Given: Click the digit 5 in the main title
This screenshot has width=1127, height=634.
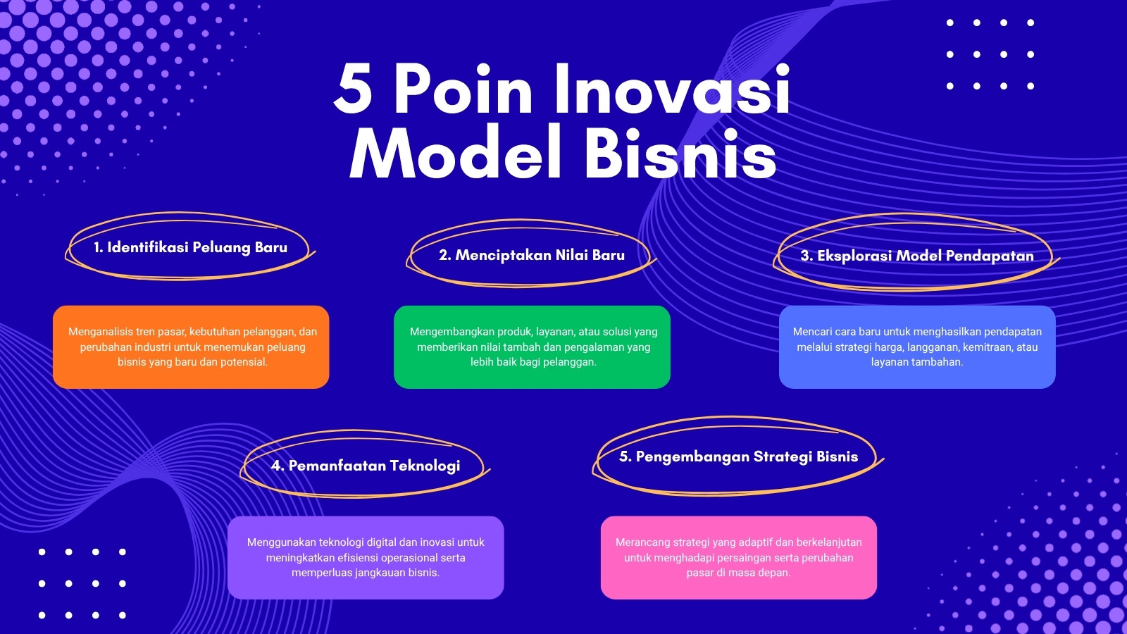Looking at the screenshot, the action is point(353,89).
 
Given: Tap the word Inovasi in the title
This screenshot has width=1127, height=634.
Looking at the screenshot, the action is point(672,89).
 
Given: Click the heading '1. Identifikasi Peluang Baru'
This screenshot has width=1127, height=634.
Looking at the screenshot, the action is point(191,247).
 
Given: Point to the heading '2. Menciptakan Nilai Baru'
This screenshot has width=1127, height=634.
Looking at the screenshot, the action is point(532,255).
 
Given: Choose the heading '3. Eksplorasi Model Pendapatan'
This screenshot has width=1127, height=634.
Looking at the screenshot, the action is point(917,256).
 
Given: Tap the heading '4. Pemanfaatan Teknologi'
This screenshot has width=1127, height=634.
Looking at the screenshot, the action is point(366,466).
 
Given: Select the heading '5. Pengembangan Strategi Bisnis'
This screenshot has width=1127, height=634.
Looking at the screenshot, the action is point(739,456).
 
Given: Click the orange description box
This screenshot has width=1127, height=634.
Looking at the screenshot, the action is point(191,347).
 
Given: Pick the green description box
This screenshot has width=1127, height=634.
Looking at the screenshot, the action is point(533,347).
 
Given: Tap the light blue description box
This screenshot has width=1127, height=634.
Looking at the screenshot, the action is point(917,347).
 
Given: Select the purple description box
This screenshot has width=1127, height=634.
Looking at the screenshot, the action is point(366,557).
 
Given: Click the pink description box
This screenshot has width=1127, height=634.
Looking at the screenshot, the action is point(739,557).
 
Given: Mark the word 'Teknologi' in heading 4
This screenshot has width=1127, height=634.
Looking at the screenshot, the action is point(425,466).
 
